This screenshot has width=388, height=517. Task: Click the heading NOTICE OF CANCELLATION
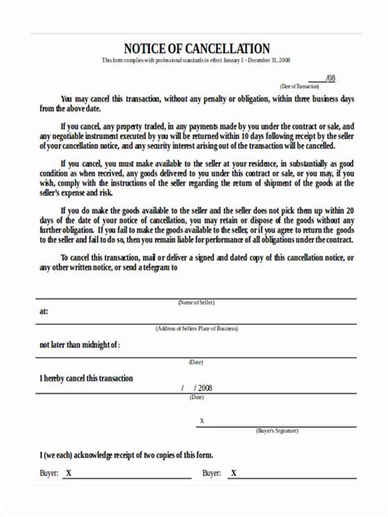click(x=196, y=48)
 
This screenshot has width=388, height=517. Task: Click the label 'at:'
click(x=43, y=312)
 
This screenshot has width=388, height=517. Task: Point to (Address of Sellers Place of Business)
click(x=196, y=328)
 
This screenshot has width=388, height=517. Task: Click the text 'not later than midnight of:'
click(x=79, y=346)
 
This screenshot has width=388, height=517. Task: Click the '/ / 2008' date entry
click(x=196, y=388)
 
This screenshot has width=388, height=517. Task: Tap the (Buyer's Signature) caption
click(x=277, y=429)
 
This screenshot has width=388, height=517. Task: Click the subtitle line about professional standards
click(x=196, y=61)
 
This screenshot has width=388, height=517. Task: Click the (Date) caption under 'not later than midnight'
click(x=196, y=362)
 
